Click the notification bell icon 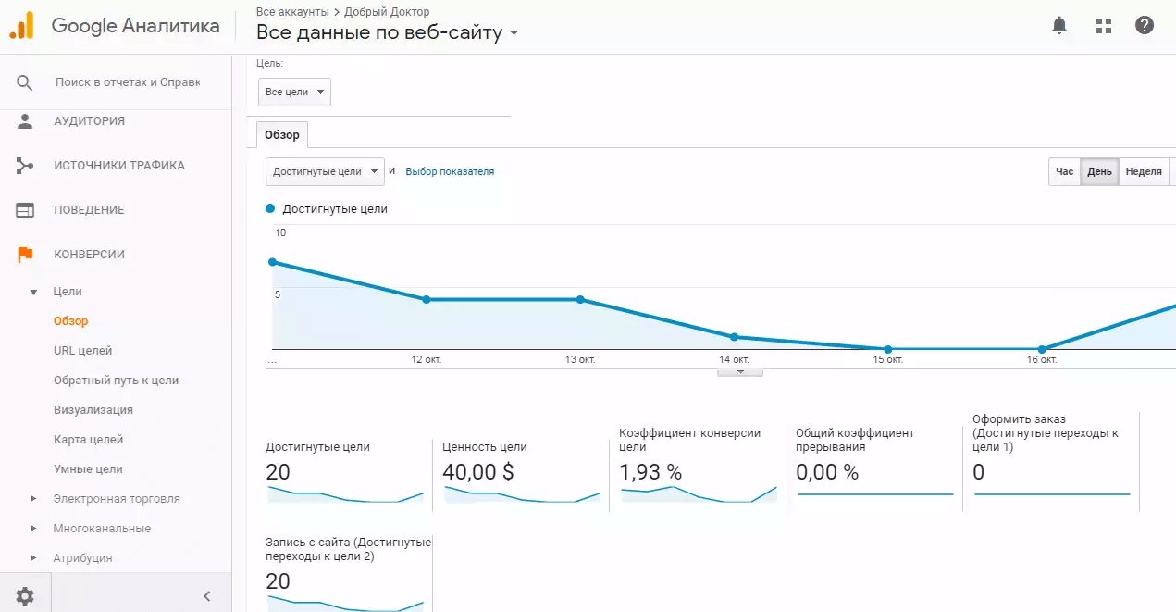coord(1059,25)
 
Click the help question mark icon coord(1144,25)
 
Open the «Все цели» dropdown coord(294,92)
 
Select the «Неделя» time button coord(1144,172)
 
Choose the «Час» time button coord(1064,172)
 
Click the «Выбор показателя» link coord(450,172)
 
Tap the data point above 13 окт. coord(580,299)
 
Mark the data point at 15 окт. coord(887,349)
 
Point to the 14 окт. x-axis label coord(734,360)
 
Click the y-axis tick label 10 coord(280,232)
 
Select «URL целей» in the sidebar coord(82,350)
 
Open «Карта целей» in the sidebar coord(88,439)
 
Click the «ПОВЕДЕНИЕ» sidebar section coord(89,210)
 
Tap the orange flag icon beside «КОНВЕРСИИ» coord(25,255)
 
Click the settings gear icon coord(25,595)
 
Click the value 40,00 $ coord(477,472)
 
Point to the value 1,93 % coord(650,472)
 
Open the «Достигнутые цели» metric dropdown coord(325,172)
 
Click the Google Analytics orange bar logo coord(22,25)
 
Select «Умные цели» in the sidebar coord(88,469)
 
